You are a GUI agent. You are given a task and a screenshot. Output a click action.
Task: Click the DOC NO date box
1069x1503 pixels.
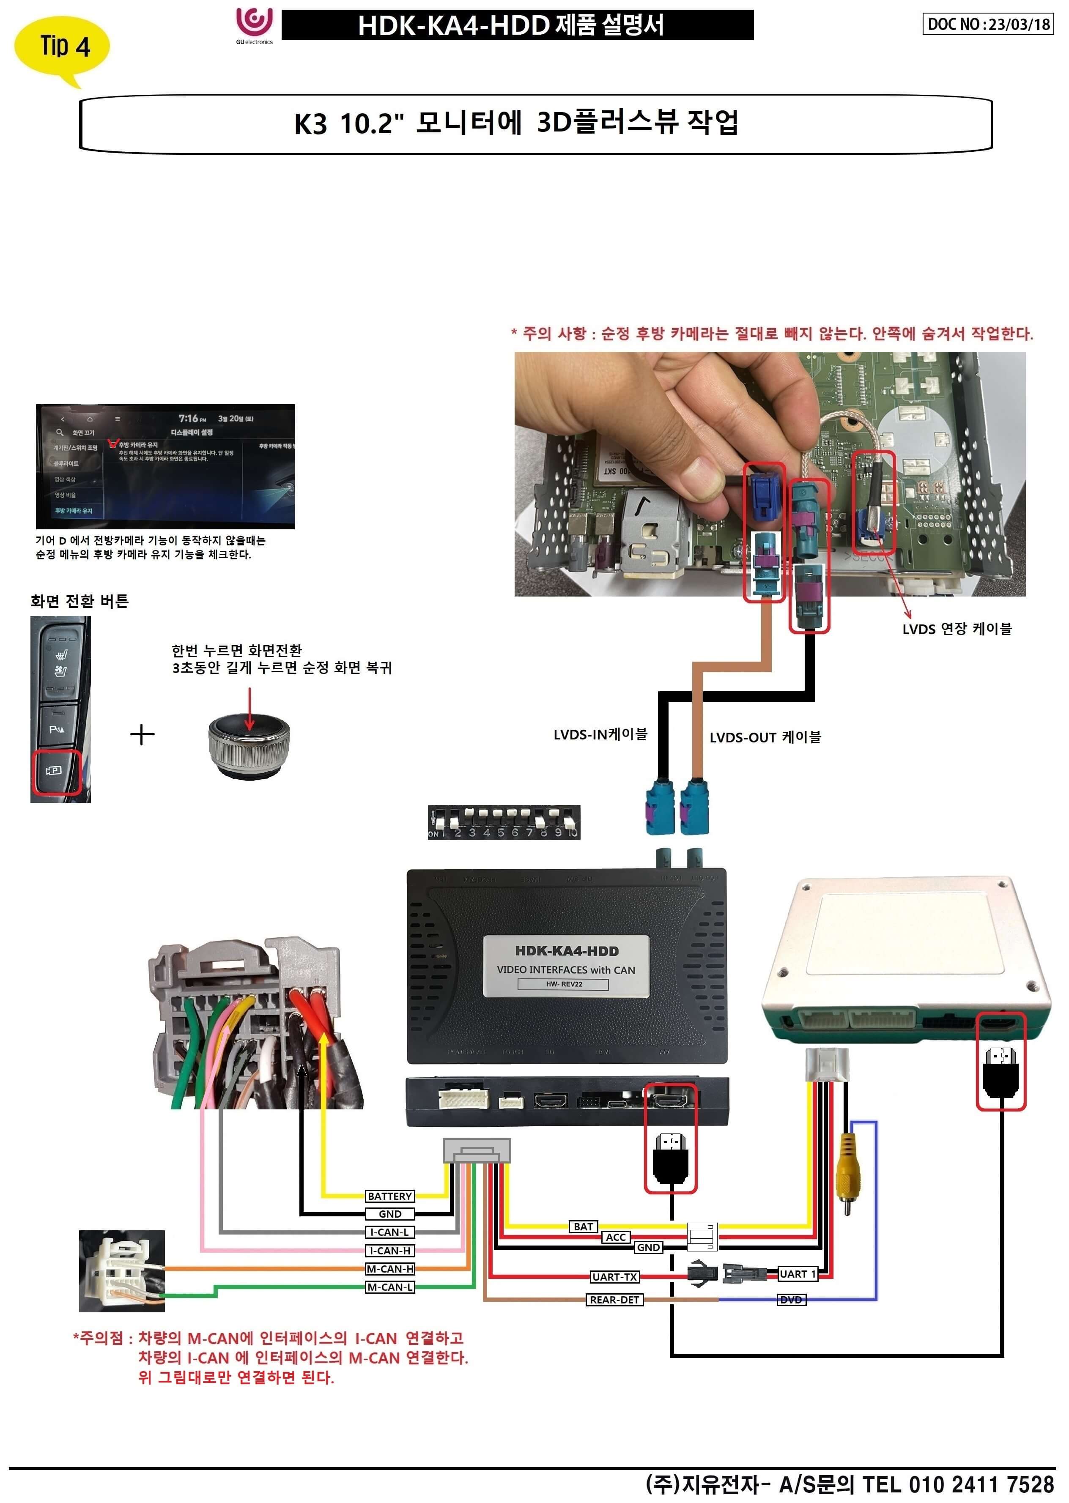pos(987,25)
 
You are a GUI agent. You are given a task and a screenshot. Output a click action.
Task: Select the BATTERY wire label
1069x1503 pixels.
pos(390,1196)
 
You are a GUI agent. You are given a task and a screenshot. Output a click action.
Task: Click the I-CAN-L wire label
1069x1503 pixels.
pos(390,1232)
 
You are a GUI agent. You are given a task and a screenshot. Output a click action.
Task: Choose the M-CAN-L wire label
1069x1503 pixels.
pos(390,1287)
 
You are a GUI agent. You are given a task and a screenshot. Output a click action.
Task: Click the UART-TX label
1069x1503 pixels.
pos(614,1277)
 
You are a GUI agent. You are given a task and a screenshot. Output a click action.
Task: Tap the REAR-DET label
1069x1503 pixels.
pos(614,1300)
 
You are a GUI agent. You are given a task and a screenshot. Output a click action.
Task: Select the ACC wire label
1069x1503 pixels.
pos(615,1237)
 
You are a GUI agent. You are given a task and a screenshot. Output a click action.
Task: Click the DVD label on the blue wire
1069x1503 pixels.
pos(791,1300)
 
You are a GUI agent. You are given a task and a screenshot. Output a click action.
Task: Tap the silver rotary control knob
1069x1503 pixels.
pos(249,744)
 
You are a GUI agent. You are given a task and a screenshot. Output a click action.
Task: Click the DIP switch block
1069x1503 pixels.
pos(504,822)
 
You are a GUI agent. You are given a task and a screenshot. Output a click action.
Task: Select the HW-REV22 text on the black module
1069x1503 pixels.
pos(563,984)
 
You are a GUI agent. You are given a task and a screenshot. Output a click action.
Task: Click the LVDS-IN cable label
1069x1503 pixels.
pos(600,734)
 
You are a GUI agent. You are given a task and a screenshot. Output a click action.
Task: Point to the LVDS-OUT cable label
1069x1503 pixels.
pos(765,737)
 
